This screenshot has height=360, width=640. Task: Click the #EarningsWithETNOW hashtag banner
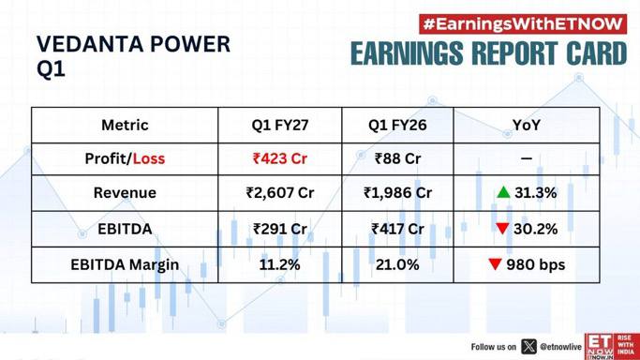tap(523, 24)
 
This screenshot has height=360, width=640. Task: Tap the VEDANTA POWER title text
tap(133, 44)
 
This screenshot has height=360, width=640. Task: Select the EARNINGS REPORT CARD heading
tap(488, 53)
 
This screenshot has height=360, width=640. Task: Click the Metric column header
tap(125, 125)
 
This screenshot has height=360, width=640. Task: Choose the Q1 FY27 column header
tap(280, 125)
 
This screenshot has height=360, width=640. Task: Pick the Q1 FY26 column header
tap(397, 125)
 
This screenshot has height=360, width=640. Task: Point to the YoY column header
tap(527, 125)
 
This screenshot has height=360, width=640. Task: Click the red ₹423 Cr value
tap(280, 158)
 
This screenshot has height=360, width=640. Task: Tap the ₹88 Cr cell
tap(397, 158)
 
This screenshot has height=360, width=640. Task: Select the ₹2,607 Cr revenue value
tap(280, 192)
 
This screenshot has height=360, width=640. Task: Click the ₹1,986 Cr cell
tap(397, 192)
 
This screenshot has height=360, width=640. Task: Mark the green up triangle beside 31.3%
tap(504, 192)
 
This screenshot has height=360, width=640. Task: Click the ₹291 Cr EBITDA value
tap(280, 229)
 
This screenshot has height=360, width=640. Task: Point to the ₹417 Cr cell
tap(397, 229)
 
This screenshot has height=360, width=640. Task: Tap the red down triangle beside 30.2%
tap(502, 229)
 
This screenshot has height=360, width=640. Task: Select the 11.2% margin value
tap(280, 264)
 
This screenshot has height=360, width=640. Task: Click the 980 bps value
tap(535, 264)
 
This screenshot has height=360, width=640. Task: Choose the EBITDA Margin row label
tap(125, 265)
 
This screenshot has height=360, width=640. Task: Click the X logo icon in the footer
tap(529, 347)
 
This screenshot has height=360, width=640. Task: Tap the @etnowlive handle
tap(560, 347)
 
